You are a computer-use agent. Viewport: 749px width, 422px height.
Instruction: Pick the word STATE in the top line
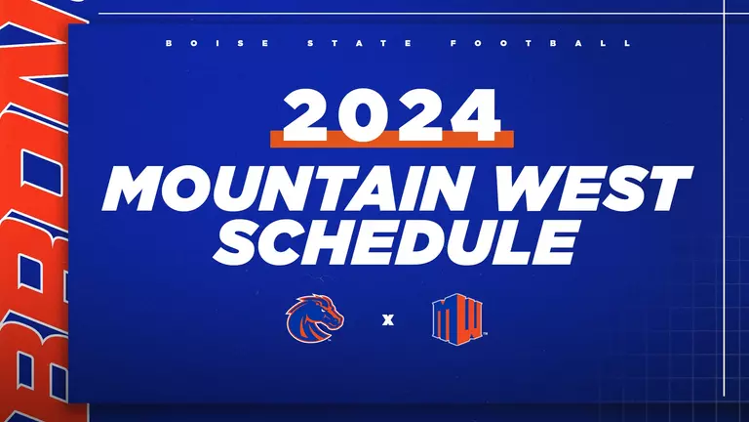click(x=353, y=44)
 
